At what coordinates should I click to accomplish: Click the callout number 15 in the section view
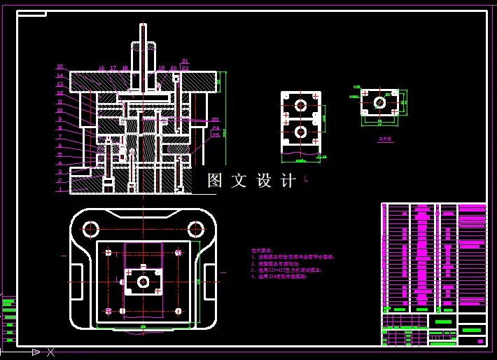click(x=60, y=67)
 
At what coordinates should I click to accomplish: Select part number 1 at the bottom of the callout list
click(x=60, y=189)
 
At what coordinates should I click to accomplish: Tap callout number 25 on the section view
click(x=216, y=135)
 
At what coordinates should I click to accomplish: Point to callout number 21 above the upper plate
click(x=185, y=62)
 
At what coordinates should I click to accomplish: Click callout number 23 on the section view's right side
click(x=216, y=120)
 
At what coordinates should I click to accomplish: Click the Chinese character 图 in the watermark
click(x=214, y=181)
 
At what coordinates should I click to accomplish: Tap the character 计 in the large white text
click(x=287, y=181)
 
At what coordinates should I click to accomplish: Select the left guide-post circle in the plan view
click(x=90, y=228)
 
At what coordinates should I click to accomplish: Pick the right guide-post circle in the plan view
click(x=195, y=228)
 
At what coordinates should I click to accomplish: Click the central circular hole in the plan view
click(x=143, y=282)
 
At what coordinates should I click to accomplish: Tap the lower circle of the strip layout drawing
click(x=301, y=131)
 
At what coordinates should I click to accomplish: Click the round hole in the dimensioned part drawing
click(x=379, y=102)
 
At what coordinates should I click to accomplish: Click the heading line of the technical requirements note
click(x=262, y=250)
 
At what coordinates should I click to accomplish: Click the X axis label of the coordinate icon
click(x=50, y=352)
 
